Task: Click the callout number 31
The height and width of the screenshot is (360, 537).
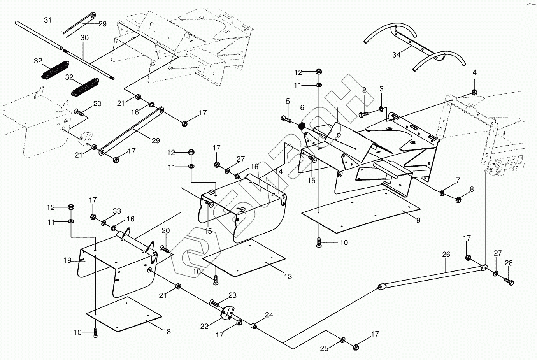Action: [x=47, y=20]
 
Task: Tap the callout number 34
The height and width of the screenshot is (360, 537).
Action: [x=396, y=55]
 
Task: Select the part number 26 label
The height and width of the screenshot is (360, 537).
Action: [x=446, y=255]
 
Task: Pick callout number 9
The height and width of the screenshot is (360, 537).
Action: [x=418, y=220]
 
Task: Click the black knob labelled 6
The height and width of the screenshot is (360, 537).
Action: [x=301, y=126]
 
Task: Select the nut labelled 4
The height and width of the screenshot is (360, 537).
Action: [x=474, y=92]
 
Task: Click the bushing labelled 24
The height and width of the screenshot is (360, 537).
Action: [x=255, y=325]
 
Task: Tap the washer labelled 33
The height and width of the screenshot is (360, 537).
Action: [x=104, y=223]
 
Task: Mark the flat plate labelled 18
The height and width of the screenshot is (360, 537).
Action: [x=125, y=315]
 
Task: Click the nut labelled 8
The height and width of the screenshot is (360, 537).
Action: [x=458, y=200]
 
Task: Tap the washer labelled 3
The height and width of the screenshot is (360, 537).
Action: [x=381, y=108]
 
